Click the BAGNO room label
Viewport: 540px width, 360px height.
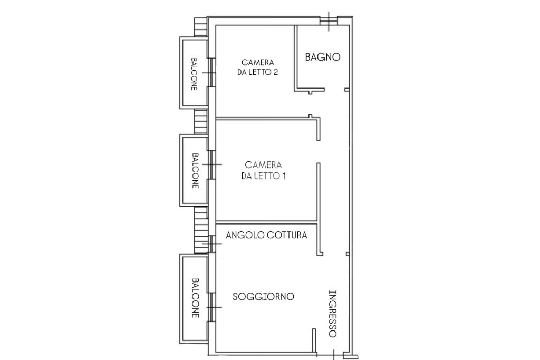(323, 57)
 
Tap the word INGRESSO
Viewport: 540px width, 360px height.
(332, 314)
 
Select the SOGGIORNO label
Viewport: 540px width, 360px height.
(264, 296)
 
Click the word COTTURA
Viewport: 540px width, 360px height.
(287, 235)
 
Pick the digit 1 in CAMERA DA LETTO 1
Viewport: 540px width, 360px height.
(284, 176)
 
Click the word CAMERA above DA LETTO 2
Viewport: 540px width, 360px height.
(258, 62)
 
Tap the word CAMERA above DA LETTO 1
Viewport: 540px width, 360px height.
(264, 165)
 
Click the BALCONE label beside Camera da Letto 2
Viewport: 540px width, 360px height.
(194, 74)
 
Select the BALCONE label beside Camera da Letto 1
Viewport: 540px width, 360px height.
(195, 171)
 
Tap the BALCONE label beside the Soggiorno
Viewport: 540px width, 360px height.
(195, 298)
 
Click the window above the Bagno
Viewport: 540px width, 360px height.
(329, 21)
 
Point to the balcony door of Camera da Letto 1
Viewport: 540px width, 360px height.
(212, 164)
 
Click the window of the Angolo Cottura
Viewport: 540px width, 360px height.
(212, 244)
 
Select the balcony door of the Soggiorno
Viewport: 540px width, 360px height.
(212, 307)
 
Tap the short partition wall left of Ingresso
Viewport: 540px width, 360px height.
(314, 340)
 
